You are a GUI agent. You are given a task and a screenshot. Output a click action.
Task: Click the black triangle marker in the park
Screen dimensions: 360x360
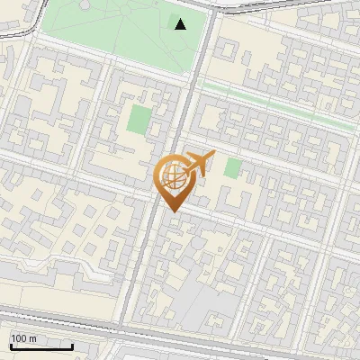(x=181, y=23)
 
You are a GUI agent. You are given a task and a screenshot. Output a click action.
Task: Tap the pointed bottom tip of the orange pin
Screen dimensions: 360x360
(x=170, y=211)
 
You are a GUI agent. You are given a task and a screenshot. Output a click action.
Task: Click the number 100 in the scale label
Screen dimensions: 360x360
(x=19, y=338)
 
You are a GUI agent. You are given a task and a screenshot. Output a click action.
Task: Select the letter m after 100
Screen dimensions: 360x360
(x=32, y=338)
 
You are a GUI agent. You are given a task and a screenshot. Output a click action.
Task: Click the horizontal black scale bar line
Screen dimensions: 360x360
(x=41, y=346)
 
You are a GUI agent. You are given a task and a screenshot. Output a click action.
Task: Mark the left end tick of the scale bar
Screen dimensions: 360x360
(x=10, y=345)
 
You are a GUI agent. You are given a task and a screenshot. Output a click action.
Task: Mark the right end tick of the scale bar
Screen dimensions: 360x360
(x=73, y=345)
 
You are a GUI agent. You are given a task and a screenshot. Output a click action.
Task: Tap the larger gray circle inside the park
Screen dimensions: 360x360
(x=85, y=6)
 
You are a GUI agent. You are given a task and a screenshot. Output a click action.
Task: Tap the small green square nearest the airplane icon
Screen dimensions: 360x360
(x=233, y=167)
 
